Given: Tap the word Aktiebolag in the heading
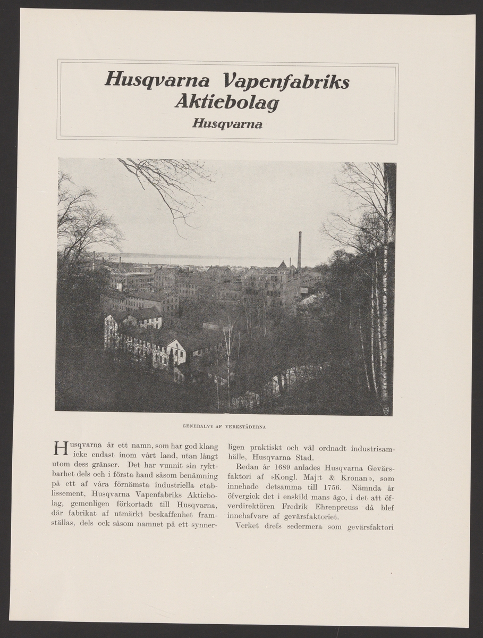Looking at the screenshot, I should (x=227, y=103).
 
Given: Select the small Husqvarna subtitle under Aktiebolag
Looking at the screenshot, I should (x=227, y=124).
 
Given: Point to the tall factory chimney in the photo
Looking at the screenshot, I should (x=300, y=250).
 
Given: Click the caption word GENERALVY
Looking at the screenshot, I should (x=195, y=426).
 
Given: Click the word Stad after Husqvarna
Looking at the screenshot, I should (x=304, y=458).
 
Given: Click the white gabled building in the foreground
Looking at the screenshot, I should (x=176, y=352).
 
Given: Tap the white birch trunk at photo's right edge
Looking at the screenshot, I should (x=384, y=319).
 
